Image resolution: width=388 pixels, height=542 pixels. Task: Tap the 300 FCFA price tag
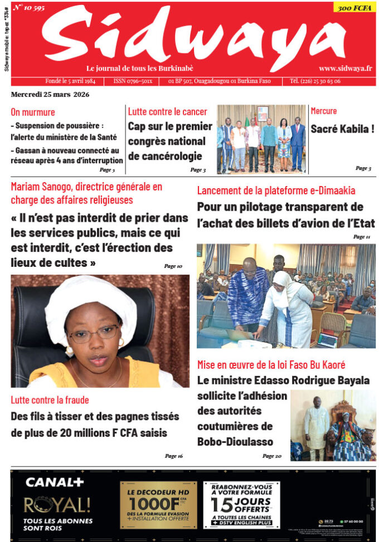[x=355, y=8]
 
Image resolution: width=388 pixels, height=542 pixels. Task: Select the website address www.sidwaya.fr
[x=346, y=68]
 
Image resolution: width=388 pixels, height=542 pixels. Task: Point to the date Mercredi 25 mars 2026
[x=50, y=94]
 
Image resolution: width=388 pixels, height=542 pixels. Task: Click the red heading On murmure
[x=33, y=112]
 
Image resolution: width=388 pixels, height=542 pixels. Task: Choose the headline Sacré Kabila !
[x=342, y=129]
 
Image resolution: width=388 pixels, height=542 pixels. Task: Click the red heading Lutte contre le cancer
[x=167, y=112]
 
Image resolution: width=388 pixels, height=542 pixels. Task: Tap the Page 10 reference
[x=173, y=266]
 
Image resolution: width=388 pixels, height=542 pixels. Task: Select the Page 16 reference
[x=173, y=456]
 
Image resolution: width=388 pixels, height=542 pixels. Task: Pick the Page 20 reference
[x=272, y=456]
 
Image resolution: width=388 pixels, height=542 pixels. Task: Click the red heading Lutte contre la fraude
[x=50, y=400]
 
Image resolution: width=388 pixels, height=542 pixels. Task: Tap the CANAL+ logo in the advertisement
[x=55, y=482]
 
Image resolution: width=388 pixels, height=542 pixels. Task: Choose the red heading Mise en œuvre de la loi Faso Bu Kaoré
[x=271, y=365]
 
